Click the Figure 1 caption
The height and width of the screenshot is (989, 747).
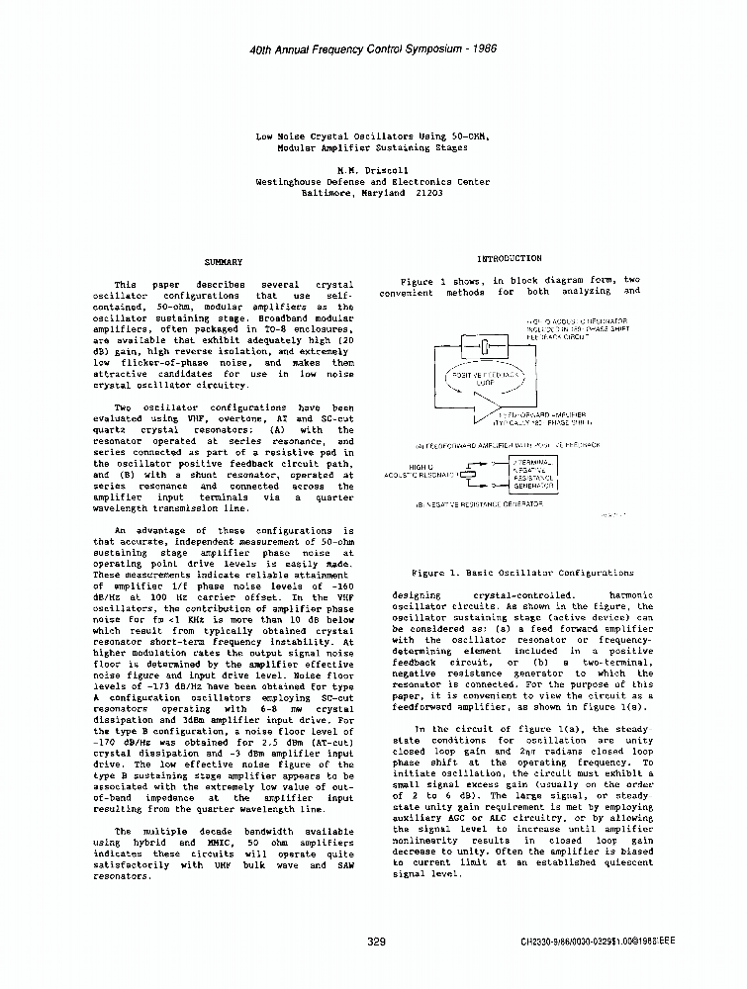522,573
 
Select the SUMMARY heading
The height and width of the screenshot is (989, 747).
223,262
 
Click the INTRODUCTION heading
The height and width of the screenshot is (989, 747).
509,258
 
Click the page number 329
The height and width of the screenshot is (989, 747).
376,942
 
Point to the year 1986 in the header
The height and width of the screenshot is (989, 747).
479,48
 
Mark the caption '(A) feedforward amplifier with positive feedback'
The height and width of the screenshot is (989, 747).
508,445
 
